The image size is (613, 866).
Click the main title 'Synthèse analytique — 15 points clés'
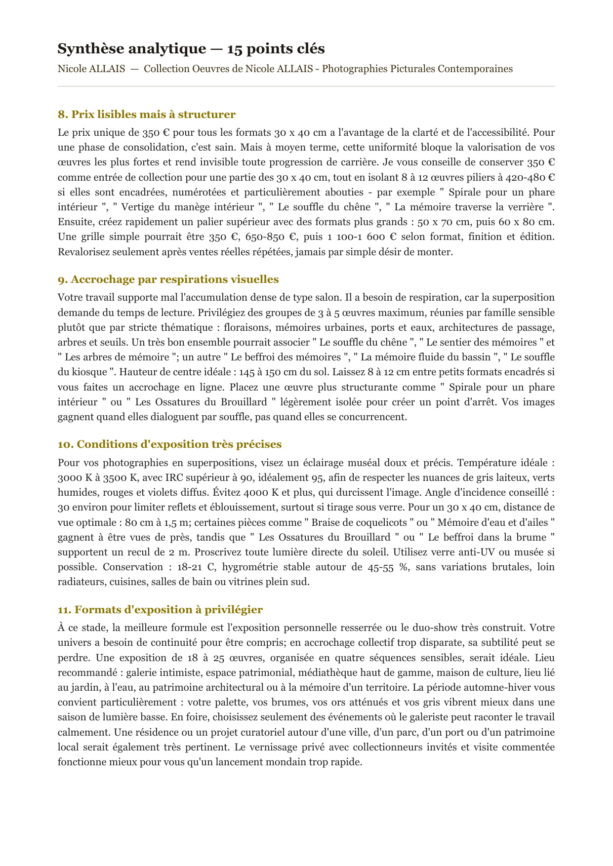[x=191, y=49]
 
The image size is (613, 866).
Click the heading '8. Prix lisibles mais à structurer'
[x=146, y=115]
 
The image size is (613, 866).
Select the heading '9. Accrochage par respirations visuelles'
[x=168, y=279]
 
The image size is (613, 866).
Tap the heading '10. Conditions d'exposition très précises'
[x=169, y=444]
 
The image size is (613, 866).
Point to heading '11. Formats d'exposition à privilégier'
[x=160, y=610]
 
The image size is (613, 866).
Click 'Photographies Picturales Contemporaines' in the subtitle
[x=417, y=69]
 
